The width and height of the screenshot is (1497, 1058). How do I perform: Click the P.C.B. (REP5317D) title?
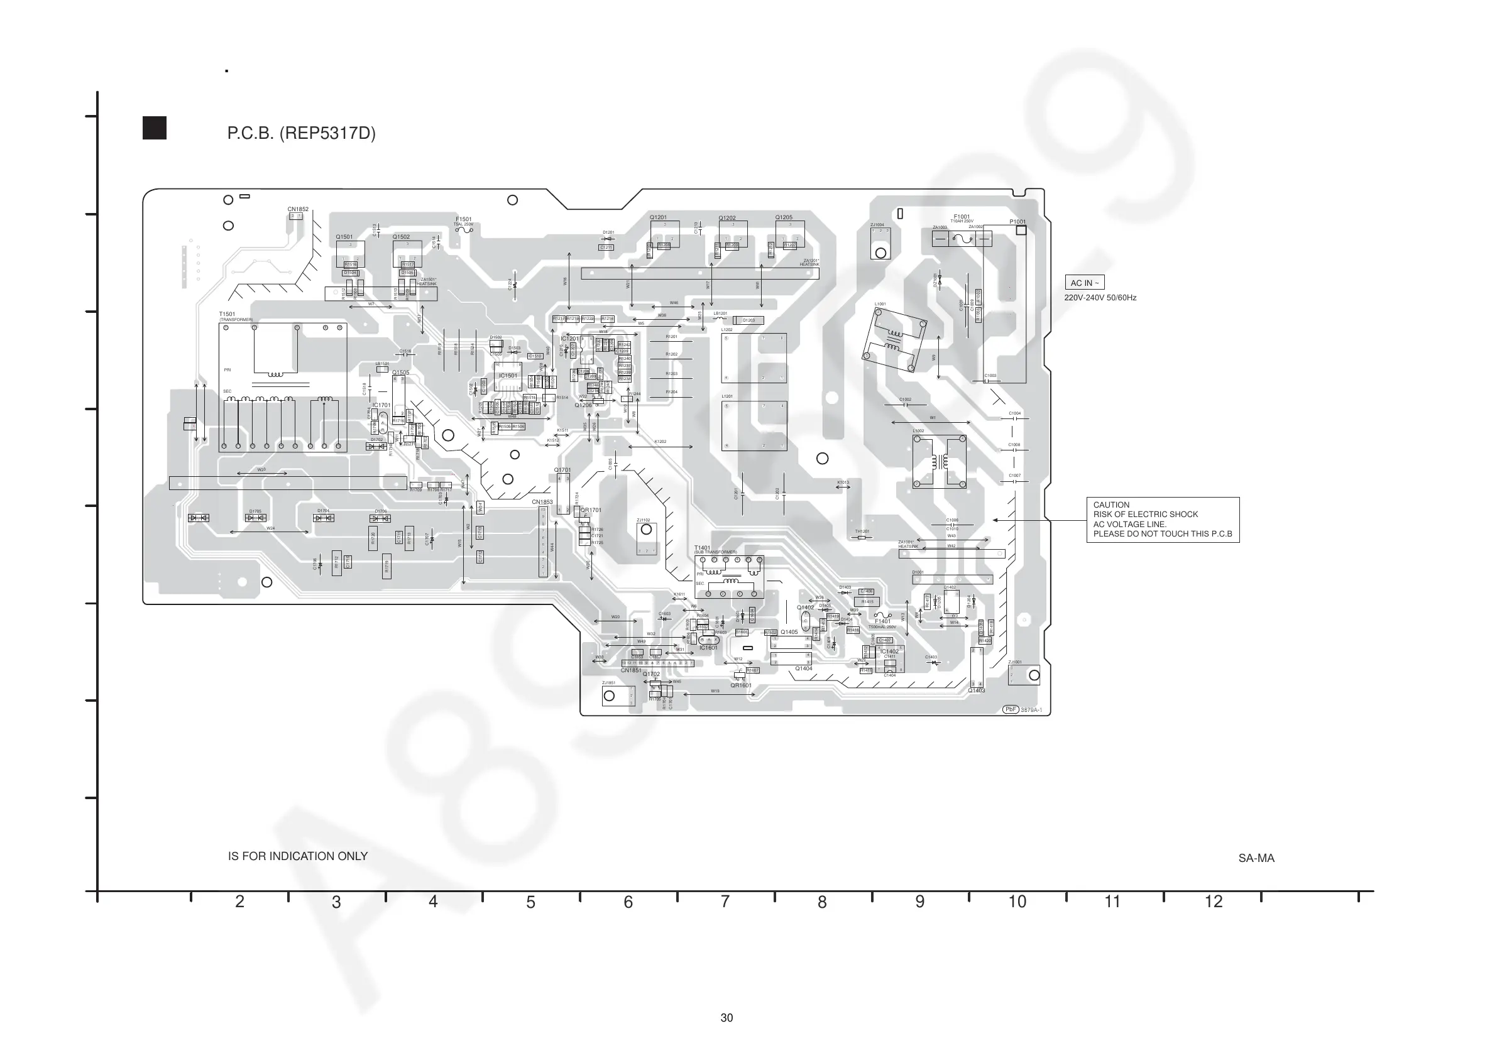tap(301, 134)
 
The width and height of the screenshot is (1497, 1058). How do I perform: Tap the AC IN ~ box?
tap(1084, 283)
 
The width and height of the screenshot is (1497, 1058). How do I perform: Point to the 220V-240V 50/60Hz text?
tap(1100, 298)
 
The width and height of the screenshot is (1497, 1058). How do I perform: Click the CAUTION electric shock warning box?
tap(1163, 520)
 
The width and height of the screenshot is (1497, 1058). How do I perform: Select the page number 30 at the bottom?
tap(727, 1018)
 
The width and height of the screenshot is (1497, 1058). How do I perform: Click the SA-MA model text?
tap(1256, 858)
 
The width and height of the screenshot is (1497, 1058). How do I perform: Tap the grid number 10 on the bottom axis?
tap(1017, 902)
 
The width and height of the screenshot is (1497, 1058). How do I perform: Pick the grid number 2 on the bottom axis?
tap(240, 902)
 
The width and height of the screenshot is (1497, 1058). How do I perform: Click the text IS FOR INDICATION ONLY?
tap(297, 856)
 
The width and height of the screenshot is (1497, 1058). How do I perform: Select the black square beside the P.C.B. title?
tap(155, 128)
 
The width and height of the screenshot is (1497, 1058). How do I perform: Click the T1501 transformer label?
tap(227, 314)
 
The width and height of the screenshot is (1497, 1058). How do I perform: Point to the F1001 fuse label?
tap(962, 216)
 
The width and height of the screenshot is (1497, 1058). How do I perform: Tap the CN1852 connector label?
tap(298, 209)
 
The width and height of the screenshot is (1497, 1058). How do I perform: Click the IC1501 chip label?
tap(508, 376)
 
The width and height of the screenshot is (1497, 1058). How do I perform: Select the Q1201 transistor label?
tap(658, 217)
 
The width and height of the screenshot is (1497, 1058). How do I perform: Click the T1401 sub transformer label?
tap(702, 548)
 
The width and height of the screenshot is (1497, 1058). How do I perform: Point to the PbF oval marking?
tap(1010, 709)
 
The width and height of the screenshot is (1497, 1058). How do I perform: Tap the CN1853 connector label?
tap(542, 502)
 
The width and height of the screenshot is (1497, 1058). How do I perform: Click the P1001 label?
tap(1017, 222)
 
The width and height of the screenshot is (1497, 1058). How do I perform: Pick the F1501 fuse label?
tap(464, 219)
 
